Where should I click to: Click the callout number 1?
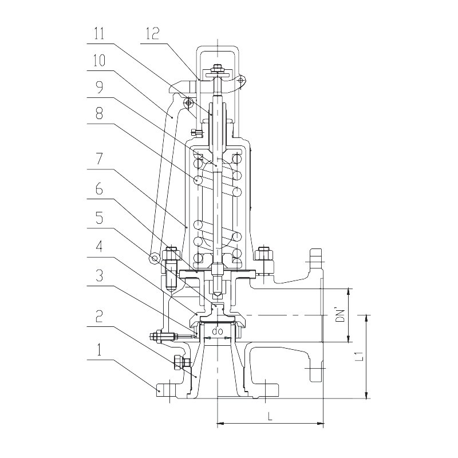(x=99, y=349)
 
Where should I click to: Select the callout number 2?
(x=100, y=316)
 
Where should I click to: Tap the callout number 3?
(x=100, y=275)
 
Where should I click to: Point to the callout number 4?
(x=99, y=247)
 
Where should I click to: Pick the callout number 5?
(x=100, y=218)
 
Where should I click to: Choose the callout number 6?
(x=100, y=188)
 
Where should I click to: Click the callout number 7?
(x=100, y=159)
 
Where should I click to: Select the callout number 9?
(x=100, y=87)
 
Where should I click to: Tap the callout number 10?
(x=99, y=61)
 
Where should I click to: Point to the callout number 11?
(x=99, y=33)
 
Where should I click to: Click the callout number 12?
(x=152, y=33)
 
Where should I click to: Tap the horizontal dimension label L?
(x=270, y=416)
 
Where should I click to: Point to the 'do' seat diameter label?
(x=217, y=331)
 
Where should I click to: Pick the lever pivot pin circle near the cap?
(x=188, y=102)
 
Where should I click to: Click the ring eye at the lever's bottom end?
(x=154, y=259)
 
